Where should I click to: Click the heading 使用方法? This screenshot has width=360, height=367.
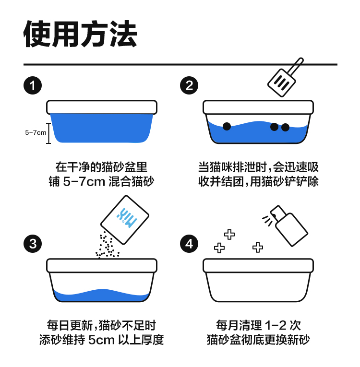(80, 34)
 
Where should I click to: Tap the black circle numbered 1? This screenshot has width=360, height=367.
(33, 85)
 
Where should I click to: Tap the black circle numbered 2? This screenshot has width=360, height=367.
(189, 85)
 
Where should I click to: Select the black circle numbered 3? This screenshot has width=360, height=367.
(33, 244)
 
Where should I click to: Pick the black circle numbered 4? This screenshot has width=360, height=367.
(189, 244)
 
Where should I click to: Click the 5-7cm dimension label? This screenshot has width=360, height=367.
(36, 133)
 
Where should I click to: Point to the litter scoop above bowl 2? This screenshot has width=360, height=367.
(285, 77)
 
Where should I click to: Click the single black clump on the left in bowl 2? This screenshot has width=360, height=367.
(227, 126)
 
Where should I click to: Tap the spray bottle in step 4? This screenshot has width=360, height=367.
(289, 226)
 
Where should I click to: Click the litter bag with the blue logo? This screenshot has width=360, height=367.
(125, 220)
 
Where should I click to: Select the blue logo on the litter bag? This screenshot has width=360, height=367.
(127, 218)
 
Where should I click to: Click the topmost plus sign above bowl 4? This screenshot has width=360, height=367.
(229, 234)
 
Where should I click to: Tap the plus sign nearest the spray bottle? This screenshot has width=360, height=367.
(258, 248)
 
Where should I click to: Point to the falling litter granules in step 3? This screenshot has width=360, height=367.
(107, 245)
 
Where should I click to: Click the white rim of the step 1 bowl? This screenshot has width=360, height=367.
(102, 107)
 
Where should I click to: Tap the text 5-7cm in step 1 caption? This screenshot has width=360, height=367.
(84, 182)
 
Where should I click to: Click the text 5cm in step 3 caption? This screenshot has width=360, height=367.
(101, 340)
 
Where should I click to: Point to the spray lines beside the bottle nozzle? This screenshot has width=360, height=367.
(267, 221)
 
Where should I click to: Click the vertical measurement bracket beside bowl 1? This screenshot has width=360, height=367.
(48, 133)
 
